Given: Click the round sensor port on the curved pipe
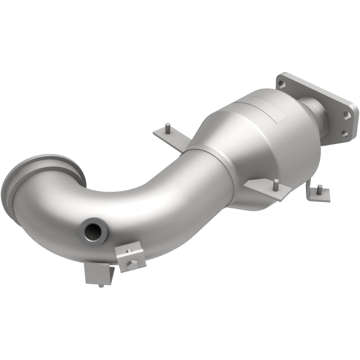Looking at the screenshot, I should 94,231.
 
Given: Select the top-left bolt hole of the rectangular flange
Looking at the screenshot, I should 281,82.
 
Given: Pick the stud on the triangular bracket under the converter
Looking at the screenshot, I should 276,182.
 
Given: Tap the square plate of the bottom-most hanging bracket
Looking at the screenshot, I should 98,273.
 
